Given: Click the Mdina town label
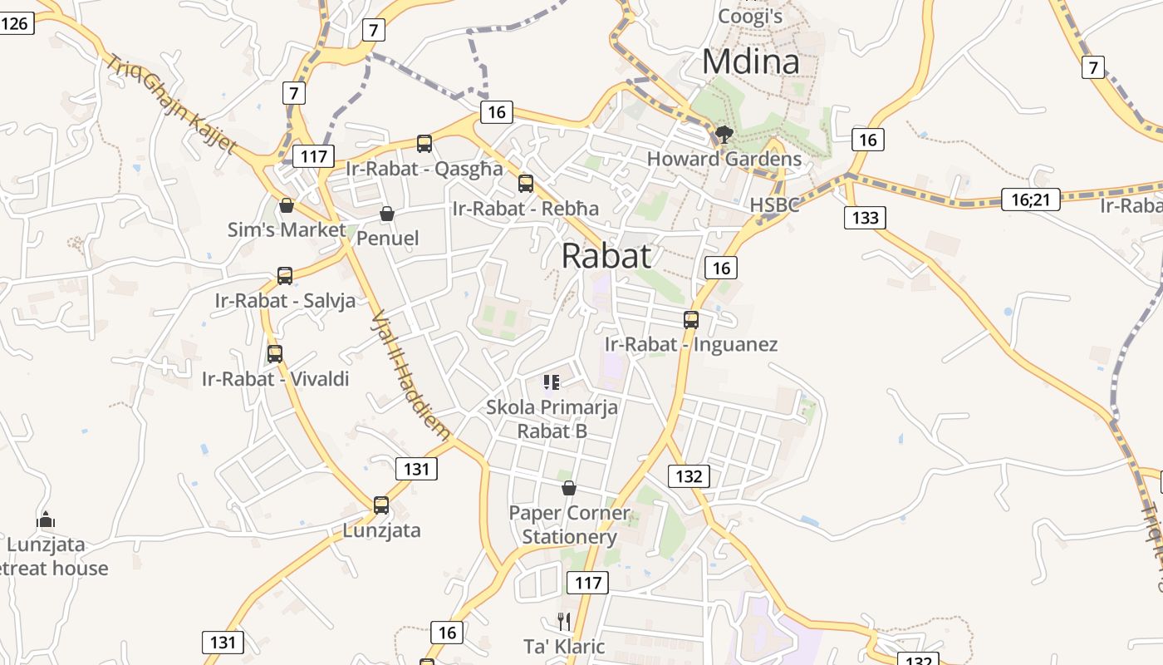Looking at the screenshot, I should pyautogui.click(x=751, y=62).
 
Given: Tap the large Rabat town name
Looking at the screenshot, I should pyautogui.click(x=606, y=256).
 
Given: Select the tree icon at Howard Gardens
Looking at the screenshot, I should pyautogui.click(x=724, y=134).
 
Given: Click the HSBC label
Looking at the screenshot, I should pyautogui.click(x=774, y=204).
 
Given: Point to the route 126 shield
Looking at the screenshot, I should pyautogui.click(x=16, y=22).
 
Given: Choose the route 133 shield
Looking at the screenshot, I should pyautogui.click(x=865, y=218).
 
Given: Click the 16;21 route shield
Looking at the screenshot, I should pyautogui.click(x=1031, y=199).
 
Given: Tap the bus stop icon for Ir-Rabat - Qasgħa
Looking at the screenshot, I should pyautogui.click(x=424, y=144).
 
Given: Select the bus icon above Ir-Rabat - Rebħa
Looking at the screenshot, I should pyautogui.click(x=526, y=184).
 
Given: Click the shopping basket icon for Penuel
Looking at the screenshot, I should pyautogui.click(x=386, y=214).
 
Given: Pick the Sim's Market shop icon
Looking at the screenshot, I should pyautogui.click(x=287, y=205).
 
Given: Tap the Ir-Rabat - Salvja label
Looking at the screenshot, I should pyautogui.click(x=285, y=300).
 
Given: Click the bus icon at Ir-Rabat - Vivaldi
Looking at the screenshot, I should pyautogui.click(x=275, y=354).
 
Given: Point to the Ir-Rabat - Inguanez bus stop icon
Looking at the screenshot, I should pyautogui.click(x=691, y=319).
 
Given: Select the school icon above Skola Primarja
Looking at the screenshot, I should pyautogui.click(x=552, y=382).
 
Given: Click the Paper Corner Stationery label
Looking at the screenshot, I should pyautogui.click(x=569, y=525).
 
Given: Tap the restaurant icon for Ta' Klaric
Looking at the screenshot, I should pyautogui.click(x=564, y=621).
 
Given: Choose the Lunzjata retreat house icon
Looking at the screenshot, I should pyautogui.click(x=46, y=520).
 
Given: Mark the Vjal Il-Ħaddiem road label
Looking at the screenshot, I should pyautogui.click(x=410, y=375).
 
